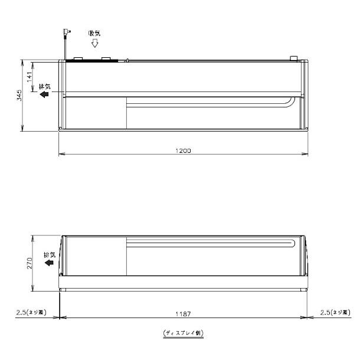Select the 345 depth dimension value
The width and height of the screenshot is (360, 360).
coord(19,94)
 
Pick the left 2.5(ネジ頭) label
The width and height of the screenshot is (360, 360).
coord(31,312)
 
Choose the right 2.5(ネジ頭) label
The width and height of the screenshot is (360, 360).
coord(334,312)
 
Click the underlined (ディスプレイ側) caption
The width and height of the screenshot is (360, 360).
coord(184,333)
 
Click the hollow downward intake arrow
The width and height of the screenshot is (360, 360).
coord(94,44)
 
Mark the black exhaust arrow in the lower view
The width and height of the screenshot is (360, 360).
coord(48,263)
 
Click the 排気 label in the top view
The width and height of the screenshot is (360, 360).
coord(45,86)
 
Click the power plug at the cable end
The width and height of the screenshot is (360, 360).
coord(64,32)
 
